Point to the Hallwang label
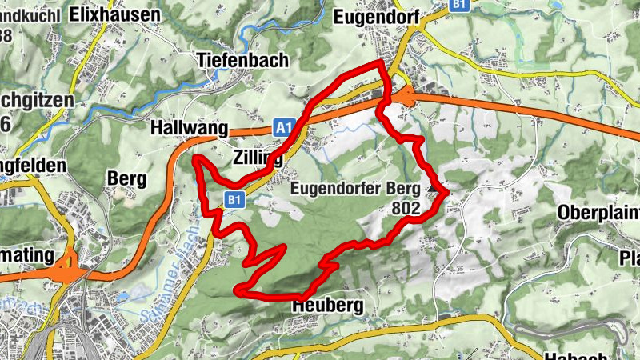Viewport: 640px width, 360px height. coord(189,128)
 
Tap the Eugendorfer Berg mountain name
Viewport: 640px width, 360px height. coord(356,189)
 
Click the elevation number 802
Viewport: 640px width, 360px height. coord(406,208)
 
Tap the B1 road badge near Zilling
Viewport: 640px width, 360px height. coord(234,198)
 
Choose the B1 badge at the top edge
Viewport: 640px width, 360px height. coord(458,5)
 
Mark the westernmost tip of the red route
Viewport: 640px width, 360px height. coord(194,158)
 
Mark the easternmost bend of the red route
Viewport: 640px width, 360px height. coord(445,192)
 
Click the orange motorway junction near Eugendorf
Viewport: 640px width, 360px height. coord(406,98)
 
